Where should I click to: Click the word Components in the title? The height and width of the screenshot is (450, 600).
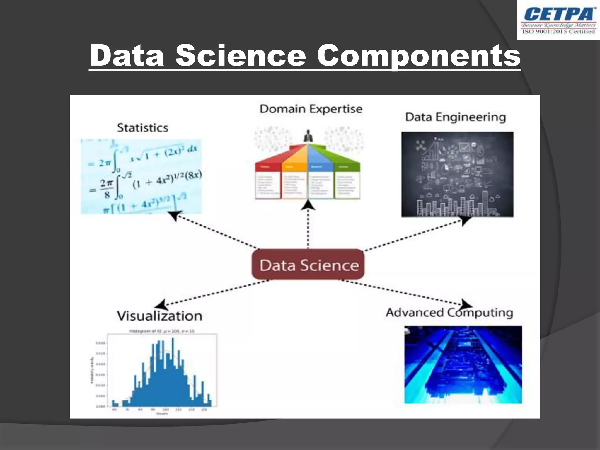coord(419,56)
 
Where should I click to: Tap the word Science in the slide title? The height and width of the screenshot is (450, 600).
coord(241,56)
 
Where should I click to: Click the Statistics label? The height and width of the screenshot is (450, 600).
coord(143,128)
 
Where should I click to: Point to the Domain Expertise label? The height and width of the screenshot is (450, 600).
coord(311,109)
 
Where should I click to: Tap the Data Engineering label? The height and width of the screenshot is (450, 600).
coord(455,117)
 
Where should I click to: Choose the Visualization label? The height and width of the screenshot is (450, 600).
coord(160,316)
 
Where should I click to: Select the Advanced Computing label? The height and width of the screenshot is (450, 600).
coord(449,313)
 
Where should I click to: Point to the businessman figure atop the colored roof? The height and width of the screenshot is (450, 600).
coord(308,136)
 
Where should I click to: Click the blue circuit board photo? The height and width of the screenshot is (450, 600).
coord(463,365)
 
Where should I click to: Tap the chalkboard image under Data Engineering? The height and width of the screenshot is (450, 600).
coord(457,174)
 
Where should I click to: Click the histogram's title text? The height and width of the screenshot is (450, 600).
coord(162,331)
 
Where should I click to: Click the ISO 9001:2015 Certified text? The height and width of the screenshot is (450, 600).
coord(558,32)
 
